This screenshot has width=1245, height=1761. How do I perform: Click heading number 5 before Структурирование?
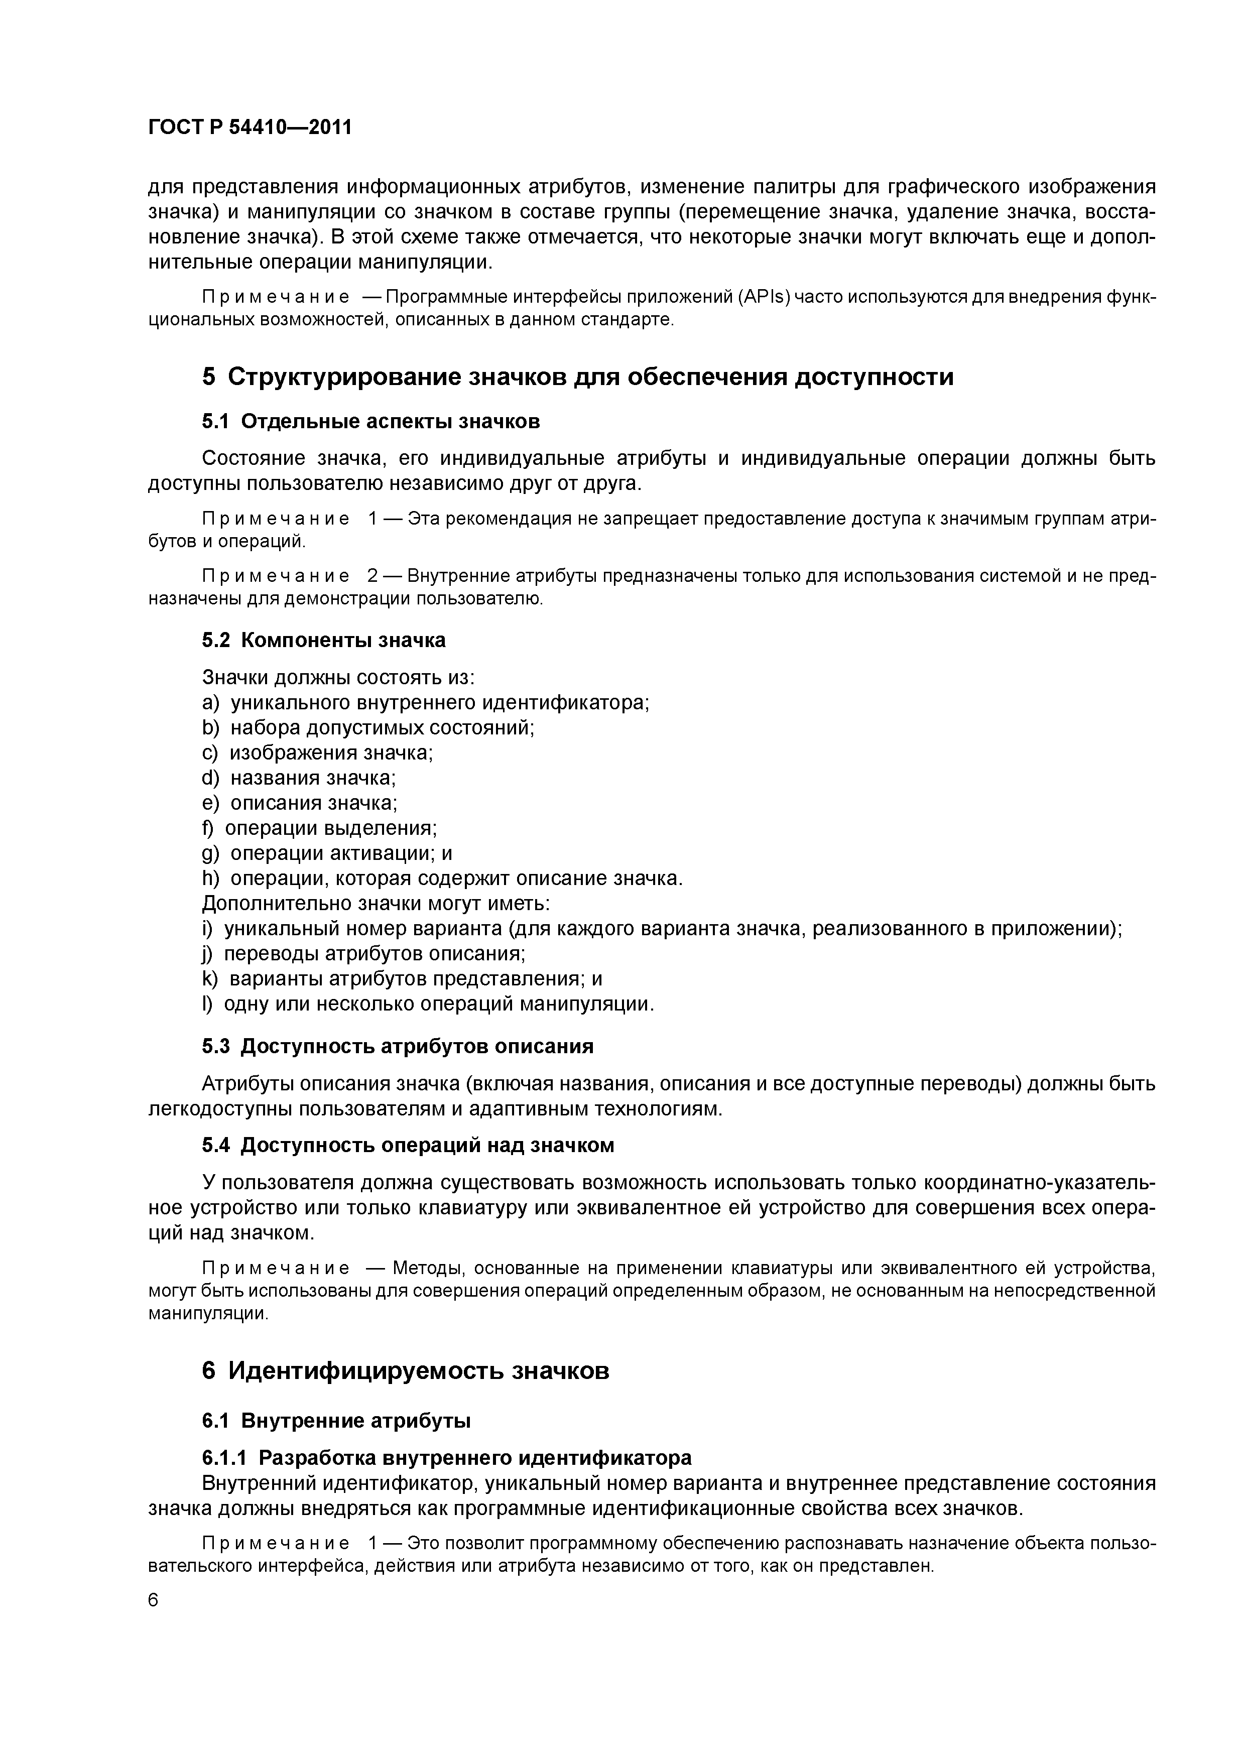tap(209, 378)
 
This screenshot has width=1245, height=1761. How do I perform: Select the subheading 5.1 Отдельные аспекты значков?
tap(370, 422)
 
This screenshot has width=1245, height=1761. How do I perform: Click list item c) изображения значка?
tap(317, 753)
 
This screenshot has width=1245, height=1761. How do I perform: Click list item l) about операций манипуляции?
tap(427, 1004)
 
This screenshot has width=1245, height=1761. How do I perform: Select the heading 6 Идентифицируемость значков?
tap(405, 1370)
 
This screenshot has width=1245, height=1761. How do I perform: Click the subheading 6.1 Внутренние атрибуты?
tap(336, 1421)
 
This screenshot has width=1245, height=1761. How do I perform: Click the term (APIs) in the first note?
tap(764, 297)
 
